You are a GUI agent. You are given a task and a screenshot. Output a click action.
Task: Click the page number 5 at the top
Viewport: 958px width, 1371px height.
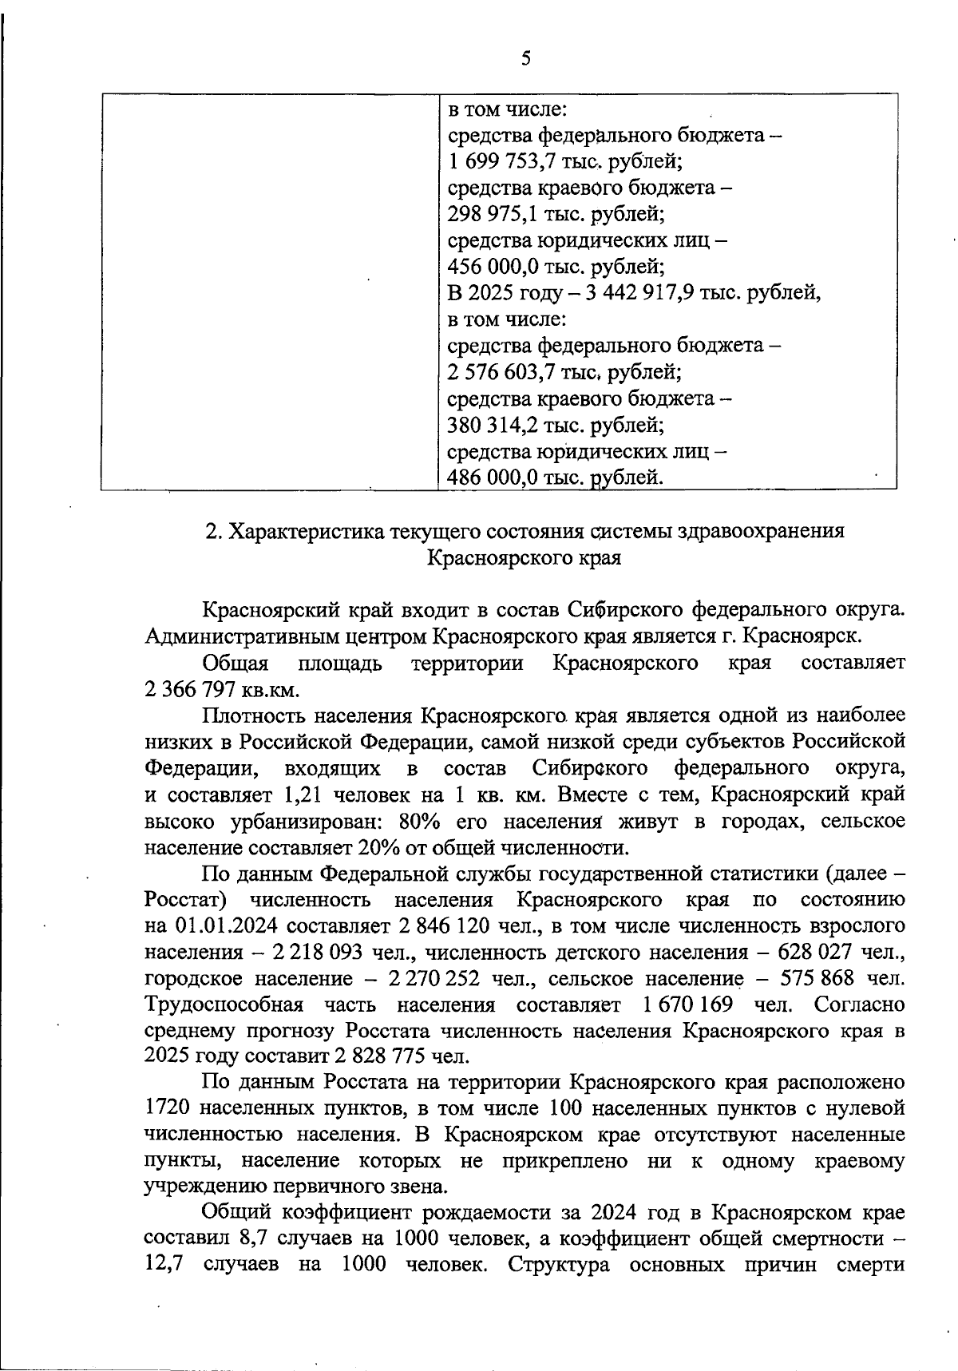coord(525,58)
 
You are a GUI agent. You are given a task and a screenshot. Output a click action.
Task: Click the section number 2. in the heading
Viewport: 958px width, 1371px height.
coord(212,532)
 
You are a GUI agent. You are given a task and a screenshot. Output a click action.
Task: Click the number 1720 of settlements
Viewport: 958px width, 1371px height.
coord(168,1108)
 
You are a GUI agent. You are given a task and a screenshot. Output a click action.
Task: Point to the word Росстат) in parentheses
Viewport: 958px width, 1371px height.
coord(186,900)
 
